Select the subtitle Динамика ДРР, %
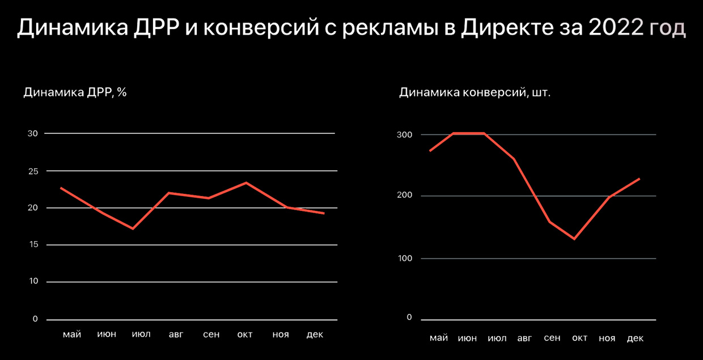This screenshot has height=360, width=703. pos(75,92)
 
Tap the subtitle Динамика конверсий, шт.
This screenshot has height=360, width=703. pos(475,92)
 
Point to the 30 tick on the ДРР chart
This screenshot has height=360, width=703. pos(32,133)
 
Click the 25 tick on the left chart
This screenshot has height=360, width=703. pos(32,171)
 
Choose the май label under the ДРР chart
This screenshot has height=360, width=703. pos(71,334)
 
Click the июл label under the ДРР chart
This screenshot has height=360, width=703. pos(141,334)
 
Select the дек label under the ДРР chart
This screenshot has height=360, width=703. pos(315,334)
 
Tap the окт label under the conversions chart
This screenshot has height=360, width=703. pos(579,338)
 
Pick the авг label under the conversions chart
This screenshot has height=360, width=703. pos(525,338)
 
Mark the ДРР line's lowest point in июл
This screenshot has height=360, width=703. pos(133,228)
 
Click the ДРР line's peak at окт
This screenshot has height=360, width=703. pos(246,183)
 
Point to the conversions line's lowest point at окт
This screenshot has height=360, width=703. pos(574,239)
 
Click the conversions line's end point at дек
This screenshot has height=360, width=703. pos(639,179)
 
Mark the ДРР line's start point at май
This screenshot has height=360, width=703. pos(61,188)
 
